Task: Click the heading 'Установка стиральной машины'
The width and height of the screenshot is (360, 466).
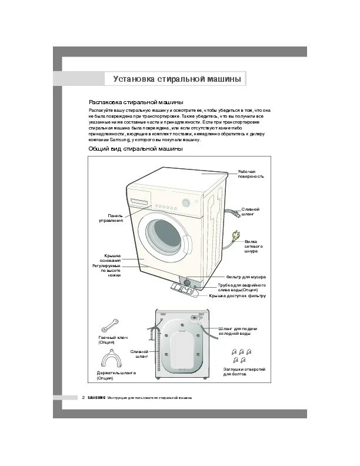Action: tap(176, 79)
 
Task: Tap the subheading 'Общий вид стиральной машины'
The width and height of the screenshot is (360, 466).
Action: tap(135, 149)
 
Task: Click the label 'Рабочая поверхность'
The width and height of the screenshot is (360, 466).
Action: tap(251, 173)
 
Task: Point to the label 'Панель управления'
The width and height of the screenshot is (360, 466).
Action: tap(111, 218)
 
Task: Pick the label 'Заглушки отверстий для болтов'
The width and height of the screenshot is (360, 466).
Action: tap(244, 371)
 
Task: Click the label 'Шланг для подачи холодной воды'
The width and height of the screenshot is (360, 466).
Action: tap(238, 331)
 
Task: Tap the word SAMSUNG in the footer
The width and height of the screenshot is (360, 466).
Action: tap(96, 398)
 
